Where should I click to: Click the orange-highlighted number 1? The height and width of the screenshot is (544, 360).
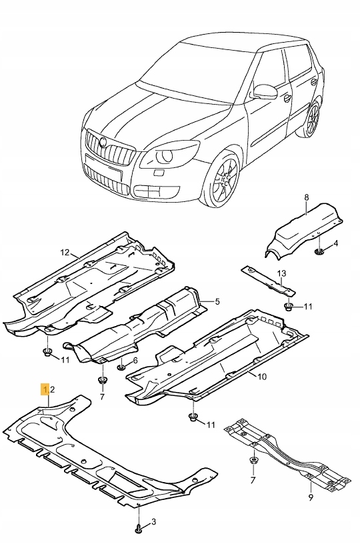pyautogui.click(x=45, y=388)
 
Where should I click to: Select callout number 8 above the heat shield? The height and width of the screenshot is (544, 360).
pyautogui.click(x=306, y=197)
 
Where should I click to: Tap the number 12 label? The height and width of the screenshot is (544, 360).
pyautogui.click(x=65, y=253)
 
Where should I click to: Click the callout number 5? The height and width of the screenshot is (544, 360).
pyautogui.click(x=217, y=302)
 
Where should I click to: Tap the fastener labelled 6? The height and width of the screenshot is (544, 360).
pyautogui.click(x=121, y=367)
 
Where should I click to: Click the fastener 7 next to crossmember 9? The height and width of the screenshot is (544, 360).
pyautogui.click(x=254, y=460)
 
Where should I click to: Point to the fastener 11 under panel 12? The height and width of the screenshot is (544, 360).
pyautogui.click(x=47, y=352)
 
